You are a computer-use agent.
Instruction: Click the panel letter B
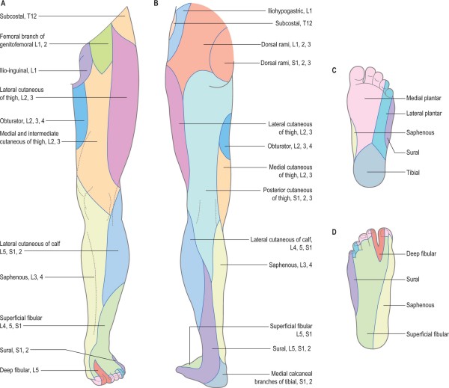[x=156, y=4]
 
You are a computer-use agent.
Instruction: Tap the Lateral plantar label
[x=423, y=114]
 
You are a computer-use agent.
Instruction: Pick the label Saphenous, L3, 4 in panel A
[x=27, y=277]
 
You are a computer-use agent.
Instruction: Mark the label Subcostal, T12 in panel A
[x=23, y=15]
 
